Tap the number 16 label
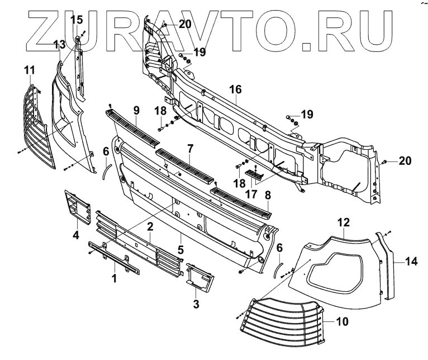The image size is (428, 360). click(235, 89)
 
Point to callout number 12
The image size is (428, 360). click(344, 222)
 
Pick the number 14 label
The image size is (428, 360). click(411, 260)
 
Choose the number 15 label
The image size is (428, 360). click(77, 20)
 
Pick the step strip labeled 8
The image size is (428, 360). click(240, 201)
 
